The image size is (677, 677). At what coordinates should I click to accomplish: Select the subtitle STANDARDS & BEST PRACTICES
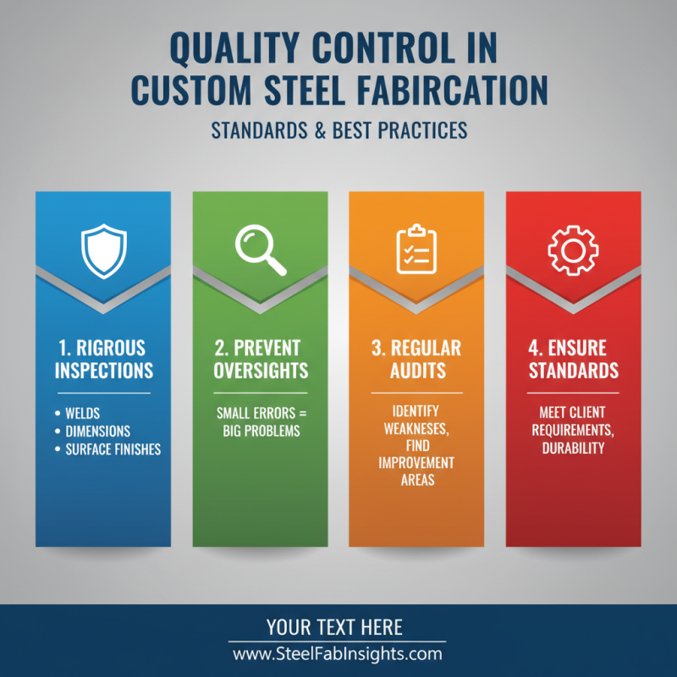coord(338,132)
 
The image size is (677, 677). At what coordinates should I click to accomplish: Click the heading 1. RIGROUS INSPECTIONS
coord(103,359)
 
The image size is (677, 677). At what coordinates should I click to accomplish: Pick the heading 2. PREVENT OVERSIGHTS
coord(261,359)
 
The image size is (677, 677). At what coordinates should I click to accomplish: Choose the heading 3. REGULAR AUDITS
coord(417,359)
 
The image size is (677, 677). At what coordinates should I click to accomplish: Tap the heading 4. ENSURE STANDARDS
coord(574,359)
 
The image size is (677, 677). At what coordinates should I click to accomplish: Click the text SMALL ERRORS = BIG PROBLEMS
coord(261,421)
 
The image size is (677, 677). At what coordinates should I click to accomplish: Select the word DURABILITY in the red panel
coord(574,448)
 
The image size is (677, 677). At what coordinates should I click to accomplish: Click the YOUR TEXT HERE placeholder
coord(334,627)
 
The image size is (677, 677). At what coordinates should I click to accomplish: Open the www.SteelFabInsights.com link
coord(337,653)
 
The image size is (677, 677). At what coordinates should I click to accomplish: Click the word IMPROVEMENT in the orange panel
coord(416,464)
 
